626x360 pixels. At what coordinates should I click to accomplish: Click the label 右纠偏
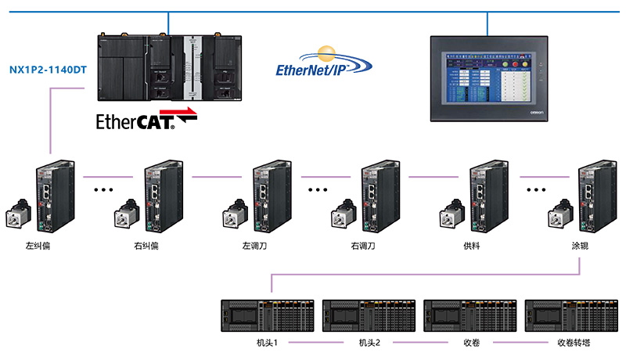coord(146,246)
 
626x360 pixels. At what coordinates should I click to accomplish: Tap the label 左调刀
coord(255,246)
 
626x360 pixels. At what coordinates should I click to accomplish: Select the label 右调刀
coord(363,246)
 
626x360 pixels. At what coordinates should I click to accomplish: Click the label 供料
coord(471,246)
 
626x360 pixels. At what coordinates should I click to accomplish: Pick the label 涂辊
coord(580,246)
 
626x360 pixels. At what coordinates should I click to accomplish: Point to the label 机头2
coord(369,343)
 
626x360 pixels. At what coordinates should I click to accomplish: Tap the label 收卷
coord(471,343)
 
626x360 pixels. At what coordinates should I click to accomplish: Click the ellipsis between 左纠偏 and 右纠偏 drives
coord(104,189)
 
